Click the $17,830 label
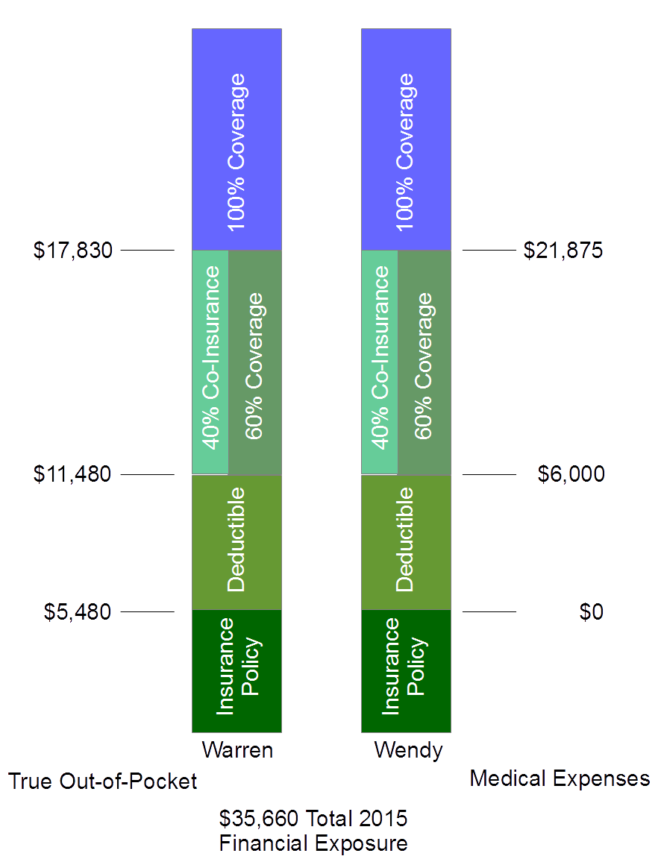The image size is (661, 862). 72,251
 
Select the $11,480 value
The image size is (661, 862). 72,474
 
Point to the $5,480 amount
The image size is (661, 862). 77,612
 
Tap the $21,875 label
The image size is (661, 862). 563,251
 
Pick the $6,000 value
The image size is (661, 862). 571,474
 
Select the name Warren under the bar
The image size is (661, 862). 237,749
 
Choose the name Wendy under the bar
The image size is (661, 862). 407,749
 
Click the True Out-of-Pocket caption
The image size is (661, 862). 102,781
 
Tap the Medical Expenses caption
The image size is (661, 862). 560,778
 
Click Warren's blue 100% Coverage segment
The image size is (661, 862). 236,139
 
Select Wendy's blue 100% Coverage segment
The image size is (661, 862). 406,139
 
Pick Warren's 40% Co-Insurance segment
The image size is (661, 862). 210,362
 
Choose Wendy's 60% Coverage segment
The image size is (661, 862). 424,362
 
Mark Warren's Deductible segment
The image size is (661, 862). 236,542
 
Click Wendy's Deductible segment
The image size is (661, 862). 406,542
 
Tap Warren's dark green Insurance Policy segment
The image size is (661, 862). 236,671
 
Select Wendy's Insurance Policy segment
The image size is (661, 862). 406,671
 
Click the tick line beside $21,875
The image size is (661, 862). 489,251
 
